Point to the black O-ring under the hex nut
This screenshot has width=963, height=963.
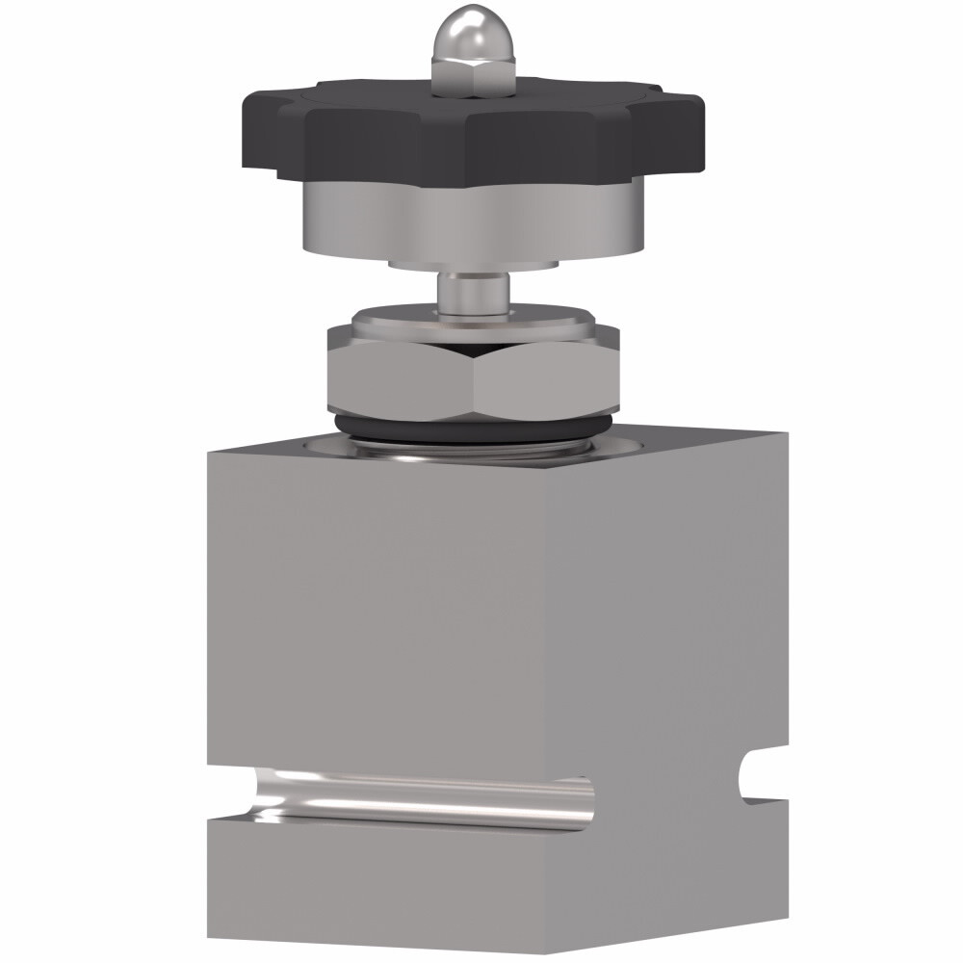click(x=472, y=429)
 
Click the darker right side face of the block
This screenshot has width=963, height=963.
click(x=674, y=626)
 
